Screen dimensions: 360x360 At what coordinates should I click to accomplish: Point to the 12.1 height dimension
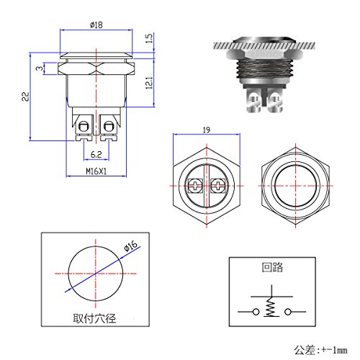tap(148, 82)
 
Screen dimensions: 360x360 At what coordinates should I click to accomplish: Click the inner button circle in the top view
tap(295, 186)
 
